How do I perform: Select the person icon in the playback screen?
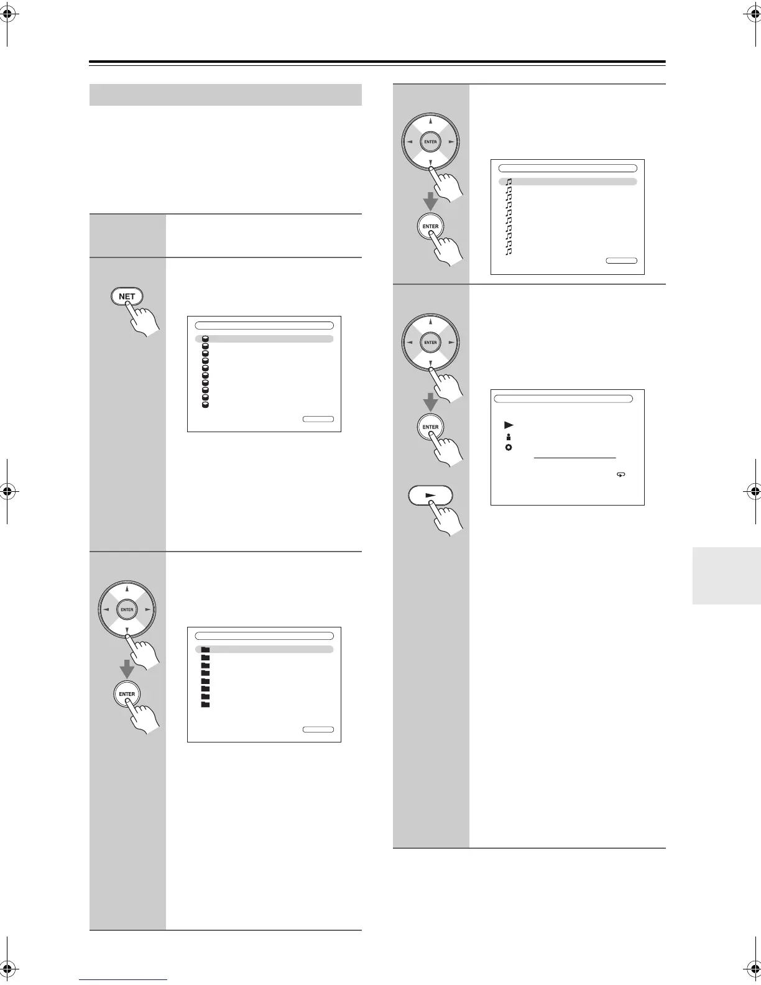[508, 437]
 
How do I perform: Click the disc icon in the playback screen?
[509, 448]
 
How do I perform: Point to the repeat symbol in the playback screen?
[620, 474]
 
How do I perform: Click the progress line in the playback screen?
[575, 458]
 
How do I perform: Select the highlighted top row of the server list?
[264, 339]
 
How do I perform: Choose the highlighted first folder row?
[264, 649]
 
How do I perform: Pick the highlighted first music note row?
[568, 182]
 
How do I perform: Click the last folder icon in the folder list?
[206, 705]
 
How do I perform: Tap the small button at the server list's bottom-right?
[318, 419]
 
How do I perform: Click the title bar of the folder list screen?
[264, 636]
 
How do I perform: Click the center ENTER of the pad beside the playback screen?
[430, 343]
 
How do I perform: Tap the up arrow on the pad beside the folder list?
[127, 588]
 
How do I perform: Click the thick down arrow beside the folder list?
[127, 669]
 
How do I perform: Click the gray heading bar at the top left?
[226, 95]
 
